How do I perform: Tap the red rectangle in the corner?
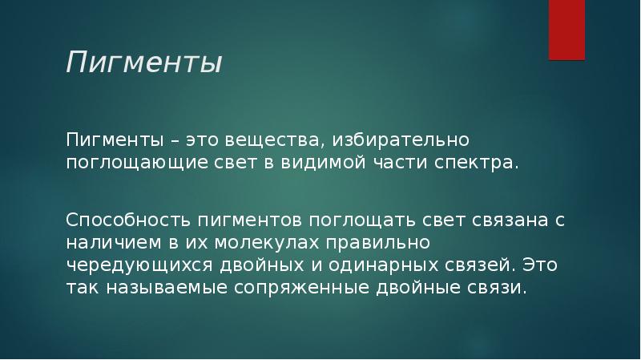click(566, 29)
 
